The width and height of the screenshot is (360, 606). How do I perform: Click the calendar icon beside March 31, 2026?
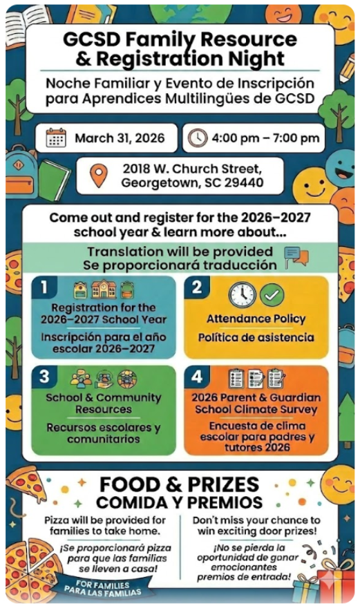(x=56, y=138)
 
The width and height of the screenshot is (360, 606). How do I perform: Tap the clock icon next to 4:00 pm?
(x=197, y=138)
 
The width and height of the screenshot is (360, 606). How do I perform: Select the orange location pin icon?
(x=100, y=176)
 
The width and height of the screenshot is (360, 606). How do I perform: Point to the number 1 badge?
(x=44, y=287)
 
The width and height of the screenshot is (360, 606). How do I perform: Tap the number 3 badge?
(x=44, y=377)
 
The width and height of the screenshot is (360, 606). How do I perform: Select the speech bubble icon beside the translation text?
(x=296, y=257)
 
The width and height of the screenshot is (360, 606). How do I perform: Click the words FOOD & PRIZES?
(x=178, y=484)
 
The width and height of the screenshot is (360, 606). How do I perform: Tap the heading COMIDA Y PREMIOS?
(x=179, y=502)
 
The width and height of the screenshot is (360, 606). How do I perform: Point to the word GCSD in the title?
(x=93, y=39)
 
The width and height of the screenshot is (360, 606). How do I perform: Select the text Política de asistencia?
(x=256, y=338)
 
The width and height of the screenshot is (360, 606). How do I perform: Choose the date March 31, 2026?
(x=120, y=138)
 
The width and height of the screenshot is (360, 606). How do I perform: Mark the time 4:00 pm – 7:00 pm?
(x=265, y=138)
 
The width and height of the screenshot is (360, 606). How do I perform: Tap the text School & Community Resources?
(x=104, y=404)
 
